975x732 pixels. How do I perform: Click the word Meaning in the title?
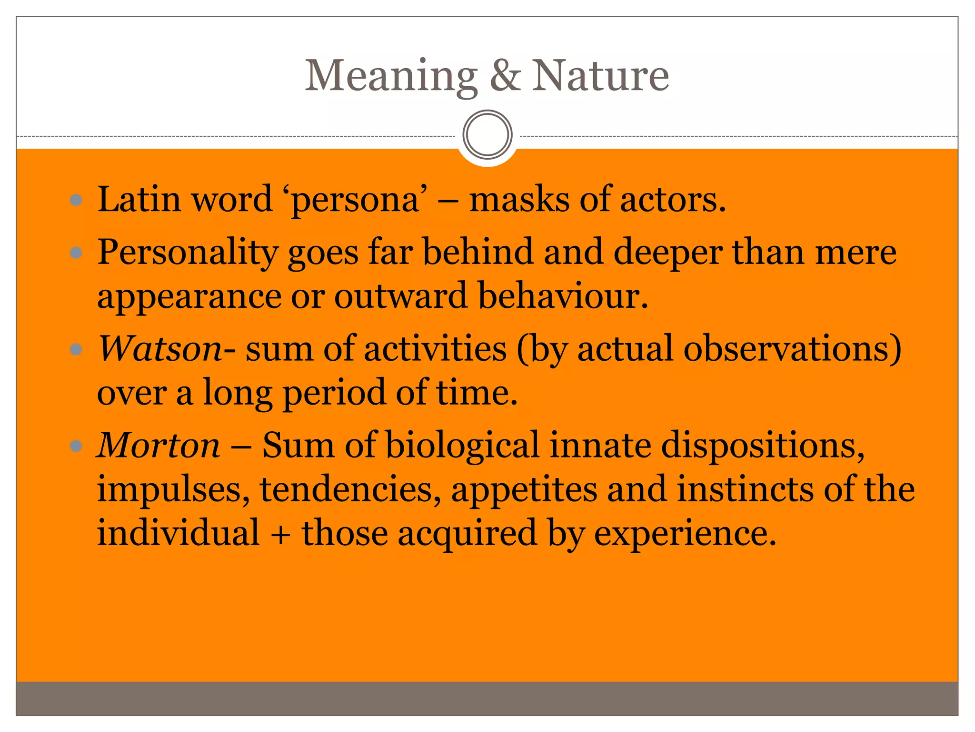[390, 76]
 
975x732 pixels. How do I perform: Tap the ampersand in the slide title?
[505, 76]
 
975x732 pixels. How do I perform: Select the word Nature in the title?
[600, 76]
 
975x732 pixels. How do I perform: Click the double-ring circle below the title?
[487, 134]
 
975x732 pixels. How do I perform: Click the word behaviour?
[563, 295]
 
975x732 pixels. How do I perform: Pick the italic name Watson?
[160, 349]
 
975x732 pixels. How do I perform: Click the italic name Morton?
[159, 445]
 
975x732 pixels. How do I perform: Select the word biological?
[462, 445]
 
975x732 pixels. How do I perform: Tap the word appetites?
[524, 490]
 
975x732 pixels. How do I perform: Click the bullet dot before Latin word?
[76, 200]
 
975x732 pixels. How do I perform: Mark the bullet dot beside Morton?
[76, 447]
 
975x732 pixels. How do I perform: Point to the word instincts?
[745, 489]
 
